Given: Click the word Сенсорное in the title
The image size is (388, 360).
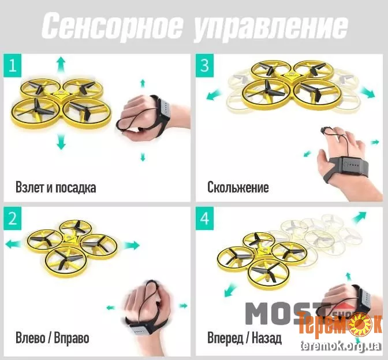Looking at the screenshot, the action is click(111, 26).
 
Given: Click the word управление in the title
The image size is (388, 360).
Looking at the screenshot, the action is click(270, 27).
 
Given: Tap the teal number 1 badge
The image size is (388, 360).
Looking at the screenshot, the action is click(13, 66).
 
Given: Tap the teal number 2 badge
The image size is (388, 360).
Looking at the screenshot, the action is click(13, 218).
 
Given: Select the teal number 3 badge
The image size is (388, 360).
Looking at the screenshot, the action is click(204, 66).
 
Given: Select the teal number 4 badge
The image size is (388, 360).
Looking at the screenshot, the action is click(204, 218).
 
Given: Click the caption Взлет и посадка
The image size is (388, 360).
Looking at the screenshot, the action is click(55, 187).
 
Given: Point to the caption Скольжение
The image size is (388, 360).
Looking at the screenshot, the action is click(238, 187).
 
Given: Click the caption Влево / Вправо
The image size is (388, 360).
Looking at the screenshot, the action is click(52, 337).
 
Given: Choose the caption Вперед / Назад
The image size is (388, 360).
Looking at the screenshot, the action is click(244, 337).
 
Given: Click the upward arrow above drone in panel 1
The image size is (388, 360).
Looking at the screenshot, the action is click(61, 64).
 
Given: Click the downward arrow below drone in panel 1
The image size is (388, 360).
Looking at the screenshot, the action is click(61, 141).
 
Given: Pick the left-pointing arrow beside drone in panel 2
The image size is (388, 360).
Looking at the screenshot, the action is click(13, 244).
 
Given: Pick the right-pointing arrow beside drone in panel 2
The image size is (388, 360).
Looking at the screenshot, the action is click(132, 246).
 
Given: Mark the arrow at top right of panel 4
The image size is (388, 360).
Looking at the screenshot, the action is click(359, 217).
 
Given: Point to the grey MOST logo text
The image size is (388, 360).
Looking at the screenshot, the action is click(288, 313).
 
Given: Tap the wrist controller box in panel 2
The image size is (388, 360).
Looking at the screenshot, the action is click(139, 331).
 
